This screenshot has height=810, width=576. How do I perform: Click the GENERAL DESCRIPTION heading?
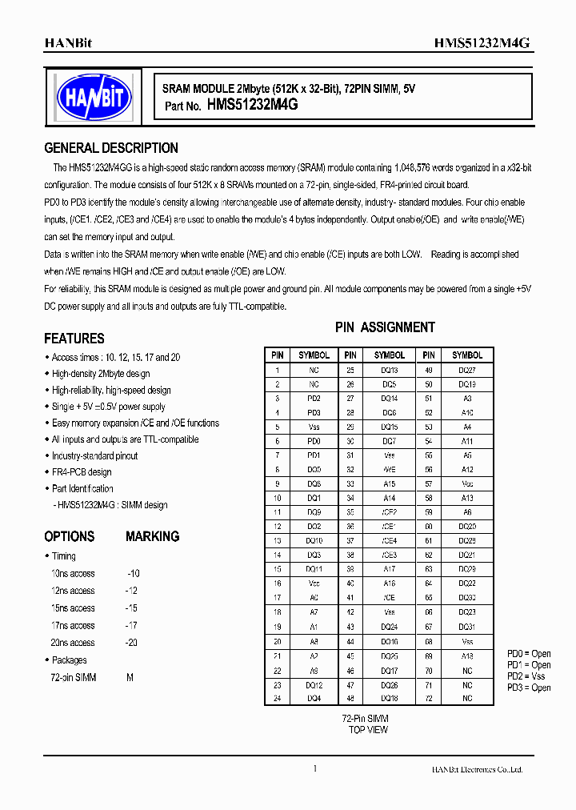point(111,148)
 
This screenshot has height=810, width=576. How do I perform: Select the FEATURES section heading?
point(74,339)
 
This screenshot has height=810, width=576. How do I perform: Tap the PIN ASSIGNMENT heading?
point(385,327)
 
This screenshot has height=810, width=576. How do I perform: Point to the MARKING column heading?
point(152,536)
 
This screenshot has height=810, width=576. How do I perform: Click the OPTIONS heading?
point(70,536)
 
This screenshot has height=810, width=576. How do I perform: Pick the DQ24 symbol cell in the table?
point(390,626)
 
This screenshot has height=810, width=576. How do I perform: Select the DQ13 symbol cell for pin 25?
point(390,371)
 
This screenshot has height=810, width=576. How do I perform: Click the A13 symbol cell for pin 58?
point(467,497)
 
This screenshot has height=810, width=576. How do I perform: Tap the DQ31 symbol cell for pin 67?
point(467,626)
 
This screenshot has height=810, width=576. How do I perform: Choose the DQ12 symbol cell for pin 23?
point(314,685)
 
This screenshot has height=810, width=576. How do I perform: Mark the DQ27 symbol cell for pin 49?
point(467,371)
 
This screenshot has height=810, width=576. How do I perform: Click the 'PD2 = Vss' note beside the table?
point(529,676)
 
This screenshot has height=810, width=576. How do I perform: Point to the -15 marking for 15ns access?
point(132,608)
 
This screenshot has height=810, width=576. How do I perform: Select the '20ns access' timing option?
point(73,643)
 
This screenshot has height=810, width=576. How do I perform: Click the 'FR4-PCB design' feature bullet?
point(82,472)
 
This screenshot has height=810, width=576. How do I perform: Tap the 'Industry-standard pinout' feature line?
point(94,455)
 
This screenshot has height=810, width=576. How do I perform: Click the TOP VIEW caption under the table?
point(368,730)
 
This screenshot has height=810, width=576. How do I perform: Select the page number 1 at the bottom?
point(315,769)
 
